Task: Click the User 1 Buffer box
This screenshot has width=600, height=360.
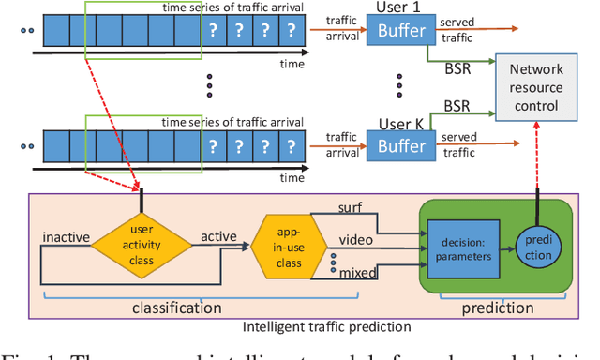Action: point(401,30)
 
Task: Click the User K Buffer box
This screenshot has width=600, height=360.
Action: point(401,146)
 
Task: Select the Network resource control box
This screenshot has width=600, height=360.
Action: point(547,89)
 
